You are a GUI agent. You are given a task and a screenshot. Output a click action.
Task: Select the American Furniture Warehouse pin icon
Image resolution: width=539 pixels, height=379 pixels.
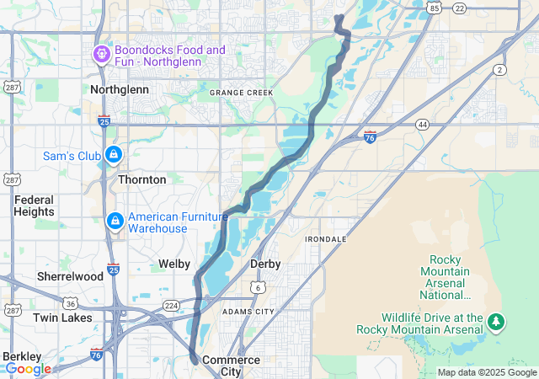[x=114, y=221]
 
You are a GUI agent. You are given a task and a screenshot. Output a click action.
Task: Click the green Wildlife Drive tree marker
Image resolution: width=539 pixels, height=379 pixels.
[x=497, y=322]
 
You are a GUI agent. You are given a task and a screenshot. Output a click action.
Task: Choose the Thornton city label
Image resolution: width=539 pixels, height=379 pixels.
[x=141, y=179]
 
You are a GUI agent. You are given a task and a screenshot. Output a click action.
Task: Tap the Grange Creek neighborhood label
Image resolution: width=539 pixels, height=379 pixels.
[x=242, y=93]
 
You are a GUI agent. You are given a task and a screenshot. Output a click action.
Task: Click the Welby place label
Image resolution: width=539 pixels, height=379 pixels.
[x=175, y=264]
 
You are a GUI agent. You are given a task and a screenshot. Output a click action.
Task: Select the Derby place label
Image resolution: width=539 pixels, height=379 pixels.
[x=265, y=264]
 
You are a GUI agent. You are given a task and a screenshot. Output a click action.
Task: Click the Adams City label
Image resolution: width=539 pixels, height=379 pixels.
[x=248, y=312]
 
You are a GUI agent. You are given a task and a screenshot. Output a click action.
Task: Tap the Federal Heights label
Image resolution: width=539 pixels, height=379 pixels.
[x=34, y=206]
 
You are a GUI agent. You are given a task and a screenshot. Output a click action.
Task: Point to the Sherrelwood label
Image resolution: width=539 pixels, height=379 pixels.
[x=70, y=276]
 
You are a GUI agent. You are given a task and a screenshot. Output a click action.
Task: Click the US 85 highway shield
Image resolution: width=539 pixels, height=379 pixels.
[x=434, y=8]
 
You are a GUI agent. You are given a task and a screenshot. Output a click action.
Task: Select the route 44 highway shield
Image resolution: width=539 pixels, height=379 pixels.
[x=422, y=125]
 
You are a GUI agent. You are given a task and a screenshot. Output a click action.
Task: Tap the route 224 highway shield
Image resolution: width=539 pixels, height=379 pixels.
[x=171, y=306]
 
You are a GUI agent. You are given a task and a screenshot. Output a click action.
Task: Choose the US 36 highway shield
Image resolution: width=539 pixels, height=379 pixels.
[x=72, y=303]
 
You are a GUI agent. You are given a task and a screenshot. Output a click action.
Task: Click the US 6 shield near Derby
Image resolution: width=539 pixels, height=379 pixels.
[x=256, y=287]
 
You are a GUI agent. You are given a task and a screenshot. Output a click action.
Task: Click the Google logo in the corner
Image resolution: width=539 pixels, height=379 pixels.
[x=27, y=369]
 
